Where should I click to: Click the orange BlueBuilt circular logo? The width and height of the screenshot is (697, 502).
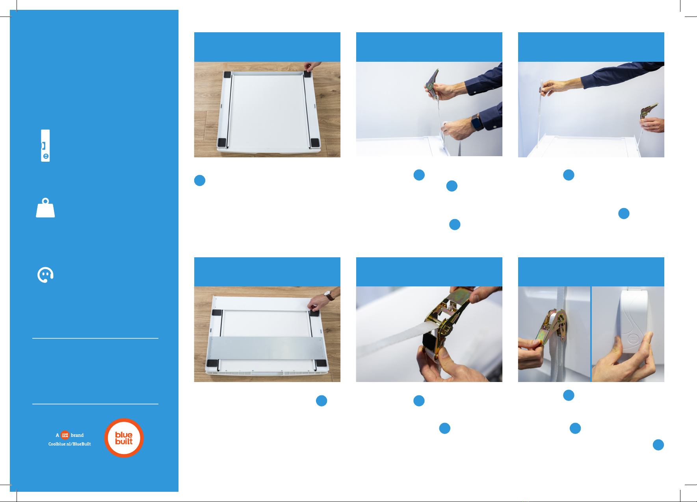click(x=124, y=438)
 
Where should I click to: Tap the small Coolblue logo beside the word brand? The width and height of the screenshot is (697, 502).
click(x=65, y=435)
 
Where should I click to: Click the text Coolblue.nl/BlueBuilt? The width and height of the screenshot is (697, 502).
click(x=70, y=444)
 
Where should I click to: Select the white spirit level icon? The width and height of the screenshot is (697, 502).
click(x=45, y=146)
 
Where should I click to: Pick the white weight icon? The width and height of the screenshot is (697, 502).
click(x=45, y=208)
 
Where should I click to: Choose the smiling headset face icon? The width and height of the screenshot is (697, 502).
click(x=45, y=275)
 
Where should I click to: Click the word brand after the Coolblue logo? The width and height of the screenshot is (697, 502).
click(x=77, y=435)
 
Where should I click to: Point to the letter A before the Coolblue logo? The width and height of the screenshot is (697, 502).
click(x=58, y=435)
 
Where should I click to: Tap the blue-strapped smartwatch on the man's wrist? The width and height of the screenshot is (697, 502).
click(x=477, y=123)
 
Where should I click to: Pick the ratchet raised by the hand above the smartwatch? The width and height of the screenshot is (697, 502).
click(x=433, y=83)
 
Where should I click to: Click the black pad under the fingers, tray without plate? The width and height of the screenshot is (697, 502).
click(x=307, y=74)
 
